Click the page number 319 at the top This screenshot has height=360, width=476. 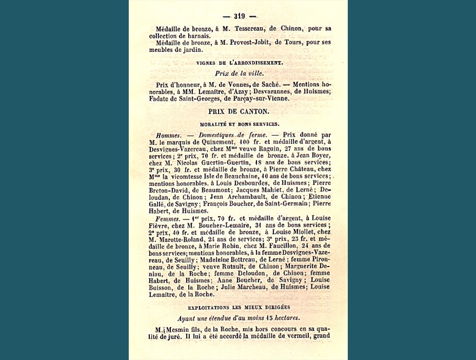239,16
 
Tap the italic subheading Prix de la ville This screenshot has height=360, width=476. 239,73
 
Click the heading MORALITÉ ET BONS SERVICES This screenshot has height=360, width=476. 239,124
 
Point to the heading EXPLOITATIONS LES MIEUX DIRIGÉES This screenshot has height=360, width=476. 239,306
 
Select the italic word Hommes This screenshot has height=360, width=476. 167,135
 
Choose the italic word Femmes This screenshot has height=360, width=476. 168,218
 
